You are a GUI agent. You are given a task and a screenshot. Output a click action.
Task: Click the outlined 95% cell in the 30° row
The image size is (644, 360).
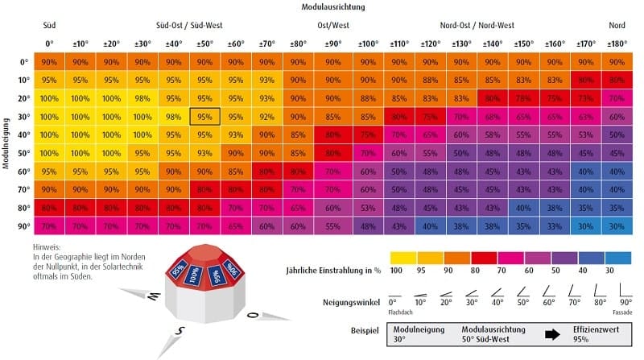click(204, 117)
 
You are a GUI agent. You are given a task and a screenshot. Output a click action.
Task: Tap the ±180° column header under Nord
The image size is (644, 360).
click(616, 43)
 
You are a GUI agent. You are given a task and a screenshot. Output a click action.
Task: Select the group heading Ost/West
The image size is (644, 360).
click(333, 25)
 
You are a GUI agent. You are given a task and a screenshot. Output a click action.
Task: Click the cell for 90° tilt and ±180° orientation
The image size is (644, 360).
click(616, 226)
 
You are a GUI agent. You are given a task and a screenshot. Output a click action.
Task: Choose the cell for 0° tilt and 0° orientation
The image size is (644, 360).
click(48, 62)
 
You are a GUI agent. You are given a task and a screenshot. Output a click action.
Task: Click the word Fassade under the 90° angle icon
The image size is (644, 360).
click(621, 311)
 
